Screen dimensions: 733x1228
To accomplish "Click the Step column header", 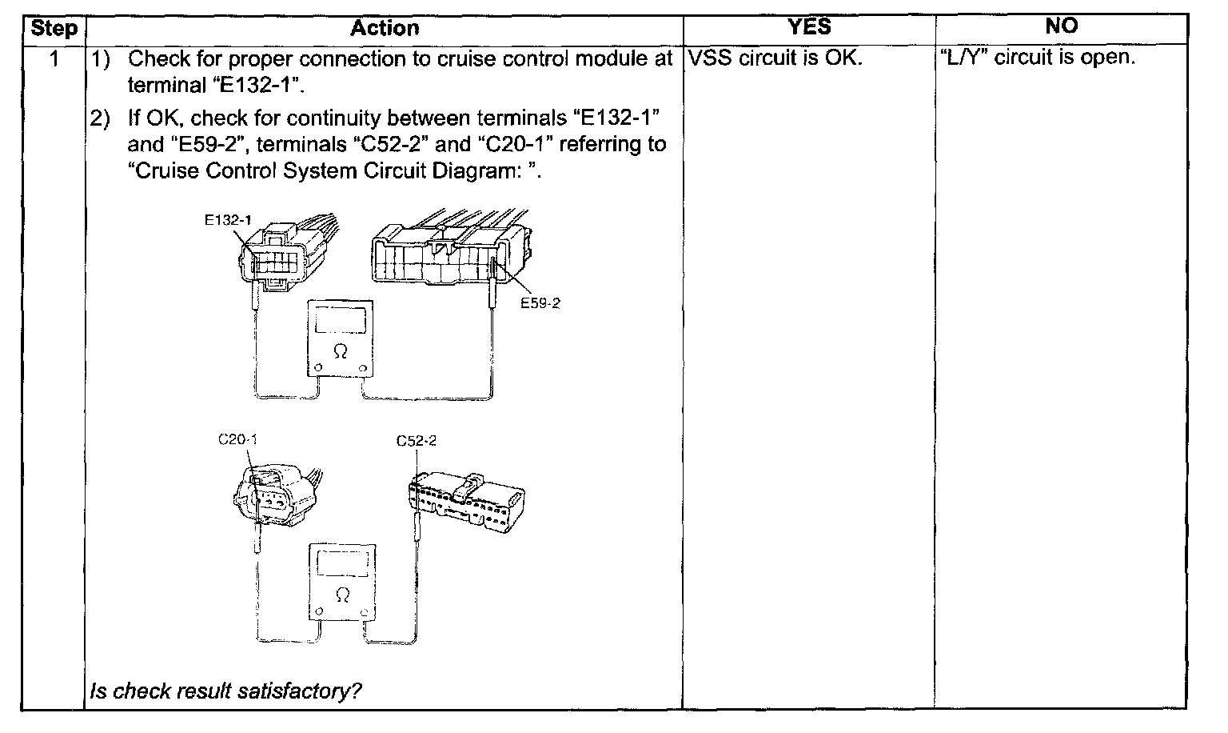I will pyautogui.click(x=54, y=30).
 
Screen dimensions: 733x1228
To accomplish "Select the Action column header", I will pyautogui.click(x=384, y=30).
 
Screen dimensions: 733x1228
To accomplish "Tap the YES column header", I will pyautogui.click(x=808, y=27).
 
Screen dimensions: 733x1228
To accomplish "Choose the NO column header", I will pyautogui.click(x=1061, y=27).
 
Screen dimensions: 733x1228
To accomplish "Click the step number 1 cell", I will pyautogui.click(x=54, y=58).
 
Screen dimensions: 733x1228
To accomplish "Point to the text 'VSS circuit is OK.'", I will pyautogui.click(x=773, y=58).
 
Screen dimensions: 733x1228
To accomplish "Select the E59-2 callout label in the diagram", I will pyautogui.click(x=540, y=303).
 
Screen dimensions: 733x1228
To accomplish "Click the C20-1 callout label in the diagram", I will pyautogui.click(x=238, y=439).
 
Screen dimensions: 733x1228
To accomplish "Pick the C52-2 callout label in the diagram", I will pyautogui.click(x=417, y=441).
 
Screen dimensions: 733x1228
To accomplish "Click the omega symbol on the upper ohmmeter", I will pyautogui.click(x=341, y=351).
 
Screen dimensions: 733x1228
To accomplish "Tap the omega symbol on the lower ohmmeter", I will pyautogui.click(x=343, y=595).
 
